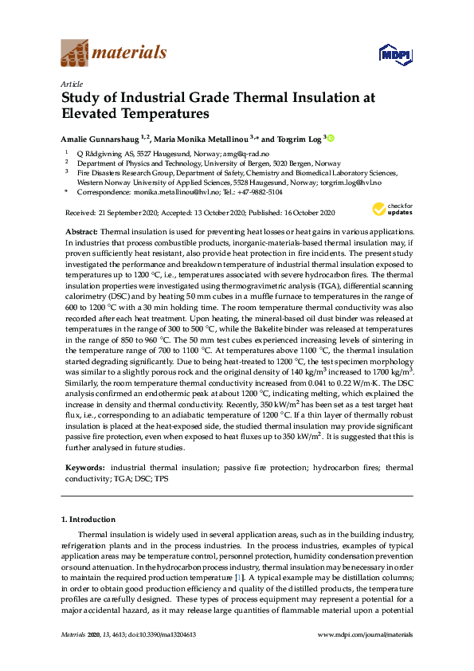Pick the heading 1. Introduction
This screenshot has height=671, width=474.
click(88, 520)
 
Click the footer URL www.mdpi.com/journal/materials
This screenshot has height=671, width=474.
click(365, 634)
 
